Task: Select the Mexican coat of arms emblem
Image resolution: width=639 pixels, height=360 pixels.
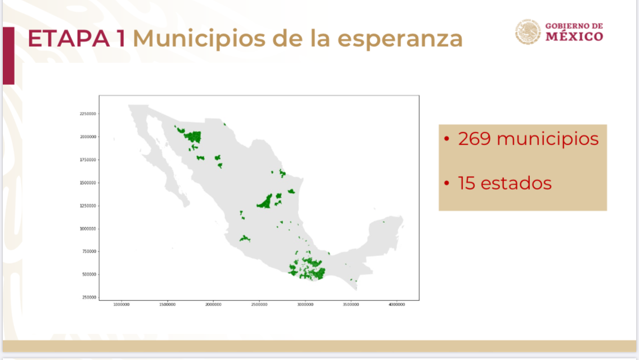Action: tap(528, 31)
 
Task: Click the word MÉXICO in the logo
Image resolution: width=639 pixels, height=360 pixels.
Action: tap(574, 37)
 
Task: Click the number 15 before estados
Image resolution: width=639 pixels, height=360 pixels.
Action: tap(467, 183)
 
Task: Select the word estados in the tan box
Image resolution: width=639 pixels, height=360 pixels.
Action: tap(518, 183)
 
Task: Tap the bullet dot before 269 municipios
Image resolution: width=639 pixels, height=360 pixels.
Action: tap(447, 139)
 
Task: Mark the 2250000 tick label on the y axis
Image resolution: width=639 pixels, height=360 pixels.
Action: tap(87, 114)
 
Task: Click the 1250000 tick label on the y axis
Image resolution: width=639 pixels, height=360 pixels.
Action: tap(87, 205)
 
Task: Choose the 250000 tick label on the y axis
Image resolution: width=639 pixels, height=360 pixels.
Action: tap(88, 297)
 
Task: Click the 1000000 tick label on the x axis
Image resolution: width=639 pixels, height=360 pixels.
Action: tap(121, 305)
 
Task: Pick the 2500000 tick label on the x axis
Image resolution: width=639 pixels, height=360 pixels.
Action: tap(259, 305)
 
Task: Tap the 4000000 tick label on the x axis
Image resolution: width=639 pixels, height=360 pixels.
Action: tap(397, 305)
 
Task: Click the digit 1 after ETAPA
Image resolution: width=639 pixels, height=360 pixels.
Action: tap(123, 38)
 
